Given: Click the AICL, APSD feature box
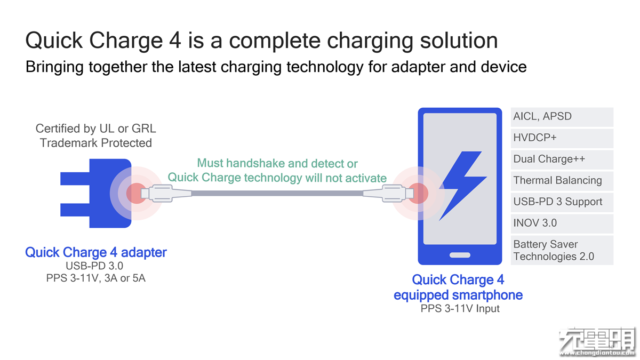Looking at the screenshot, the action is click(x=562, y=117).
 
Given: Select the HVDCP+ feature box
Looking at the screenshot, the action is click(x=562, y=138).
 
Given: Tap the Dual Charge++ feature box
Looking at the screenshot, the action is click(x=562, y=159).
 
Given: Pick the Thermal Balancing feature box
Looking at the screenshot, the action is click(x=562, y=181).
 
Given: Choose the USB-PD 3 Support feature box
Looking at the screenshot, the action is click(x=562, y=202).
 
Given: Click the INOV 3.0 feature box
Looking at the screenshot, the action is click(x=562, y=223).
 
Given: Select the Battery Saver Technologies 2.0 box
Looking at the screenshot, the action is click(x=562, y=250).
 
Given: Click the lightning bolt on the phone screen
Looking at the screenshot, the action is click(x=463, y=186).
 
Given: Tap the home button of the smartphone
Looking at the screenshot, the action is click(x=460, y=255).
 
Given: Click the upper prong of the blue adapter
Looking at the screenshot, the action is click(x=75, y=178).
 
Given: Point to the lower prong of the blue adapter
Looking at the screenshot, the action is click(x=75, y=210).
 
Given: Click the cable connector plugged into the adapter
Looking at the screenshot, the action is click(x=166, y=194).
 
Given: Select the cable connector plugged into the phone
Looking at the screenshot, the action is click(x=389, y=194).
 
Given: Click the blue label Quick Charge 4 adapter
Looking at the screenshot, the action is click(x=95, y=252).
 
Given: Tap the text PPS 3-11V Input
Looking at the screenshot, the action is click(x=460, y=309).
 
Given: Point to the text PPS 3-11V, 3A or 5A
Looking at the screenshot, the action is click(x=95, y=278).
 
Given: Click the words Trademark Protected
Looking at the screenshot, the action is click(x=95, y=143).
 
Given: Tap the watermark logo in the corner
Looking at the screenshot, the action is click(x=598, y=342).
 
